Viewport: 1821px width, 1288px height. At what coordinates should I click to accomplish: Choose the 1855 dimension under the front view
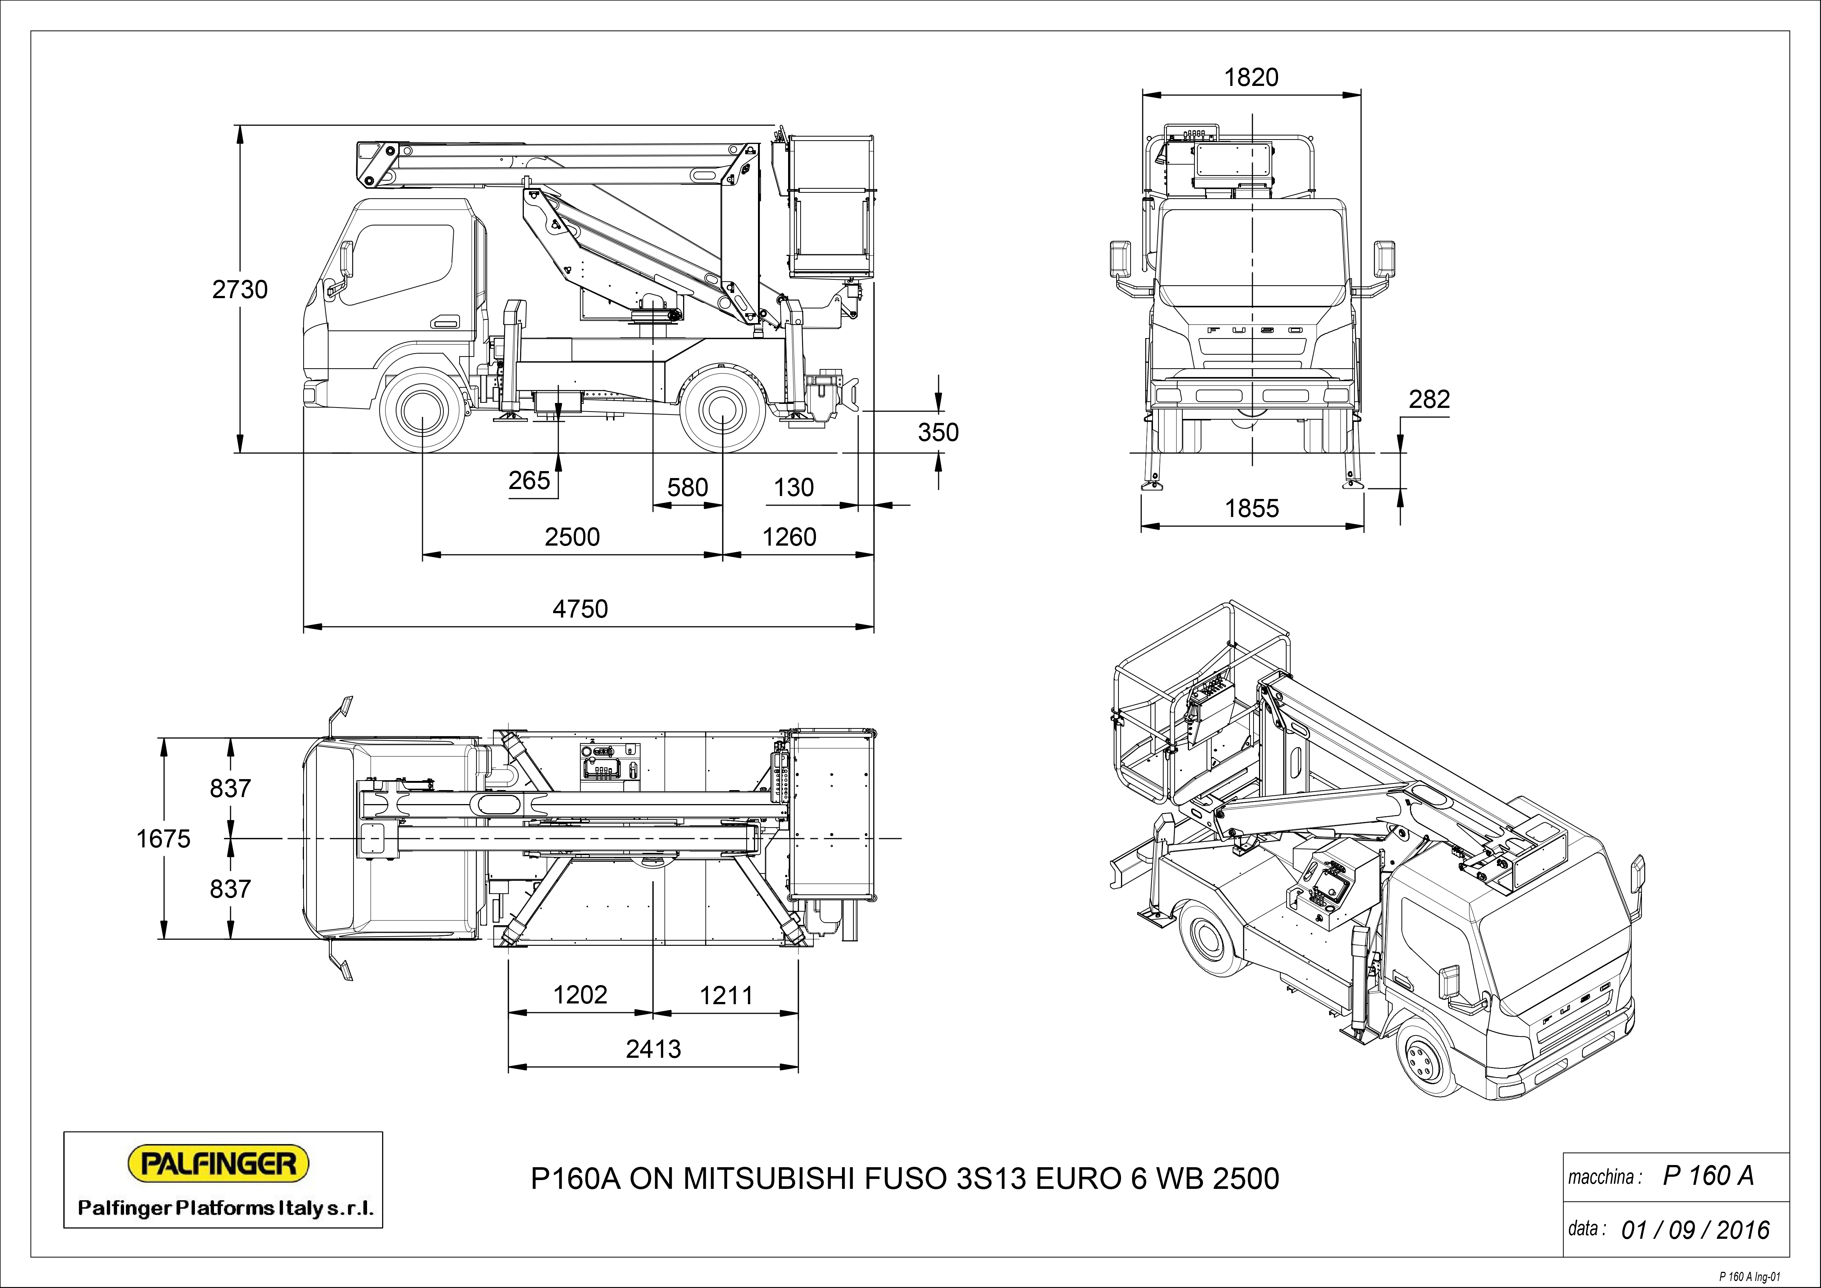pyautogui.click(x=1252, y=509)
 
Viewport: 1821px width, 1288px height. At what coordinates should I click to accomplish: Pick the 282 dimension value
pyautogui.click(x=1429, y=399)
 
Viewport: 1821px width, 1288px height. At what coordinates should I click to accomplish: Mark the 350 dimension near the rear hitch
pyautogui.click(x=938, y=432)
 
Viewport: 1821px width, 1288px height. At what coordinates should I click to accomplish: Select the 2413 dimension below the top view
pyautogui.click(x=653, y=1049)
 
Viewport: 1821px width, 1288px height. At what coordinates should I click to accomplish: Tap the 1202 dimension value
pyautogui.click(x=580, y=995)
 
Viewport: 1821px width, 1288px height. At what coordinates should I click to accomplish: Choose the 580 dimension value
pyautogui.click(x=687, y=487)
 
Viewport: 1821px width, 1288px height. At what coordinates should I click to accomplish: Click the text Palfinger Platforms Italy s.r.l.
pyautogui.click(x=225, y=1209)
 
